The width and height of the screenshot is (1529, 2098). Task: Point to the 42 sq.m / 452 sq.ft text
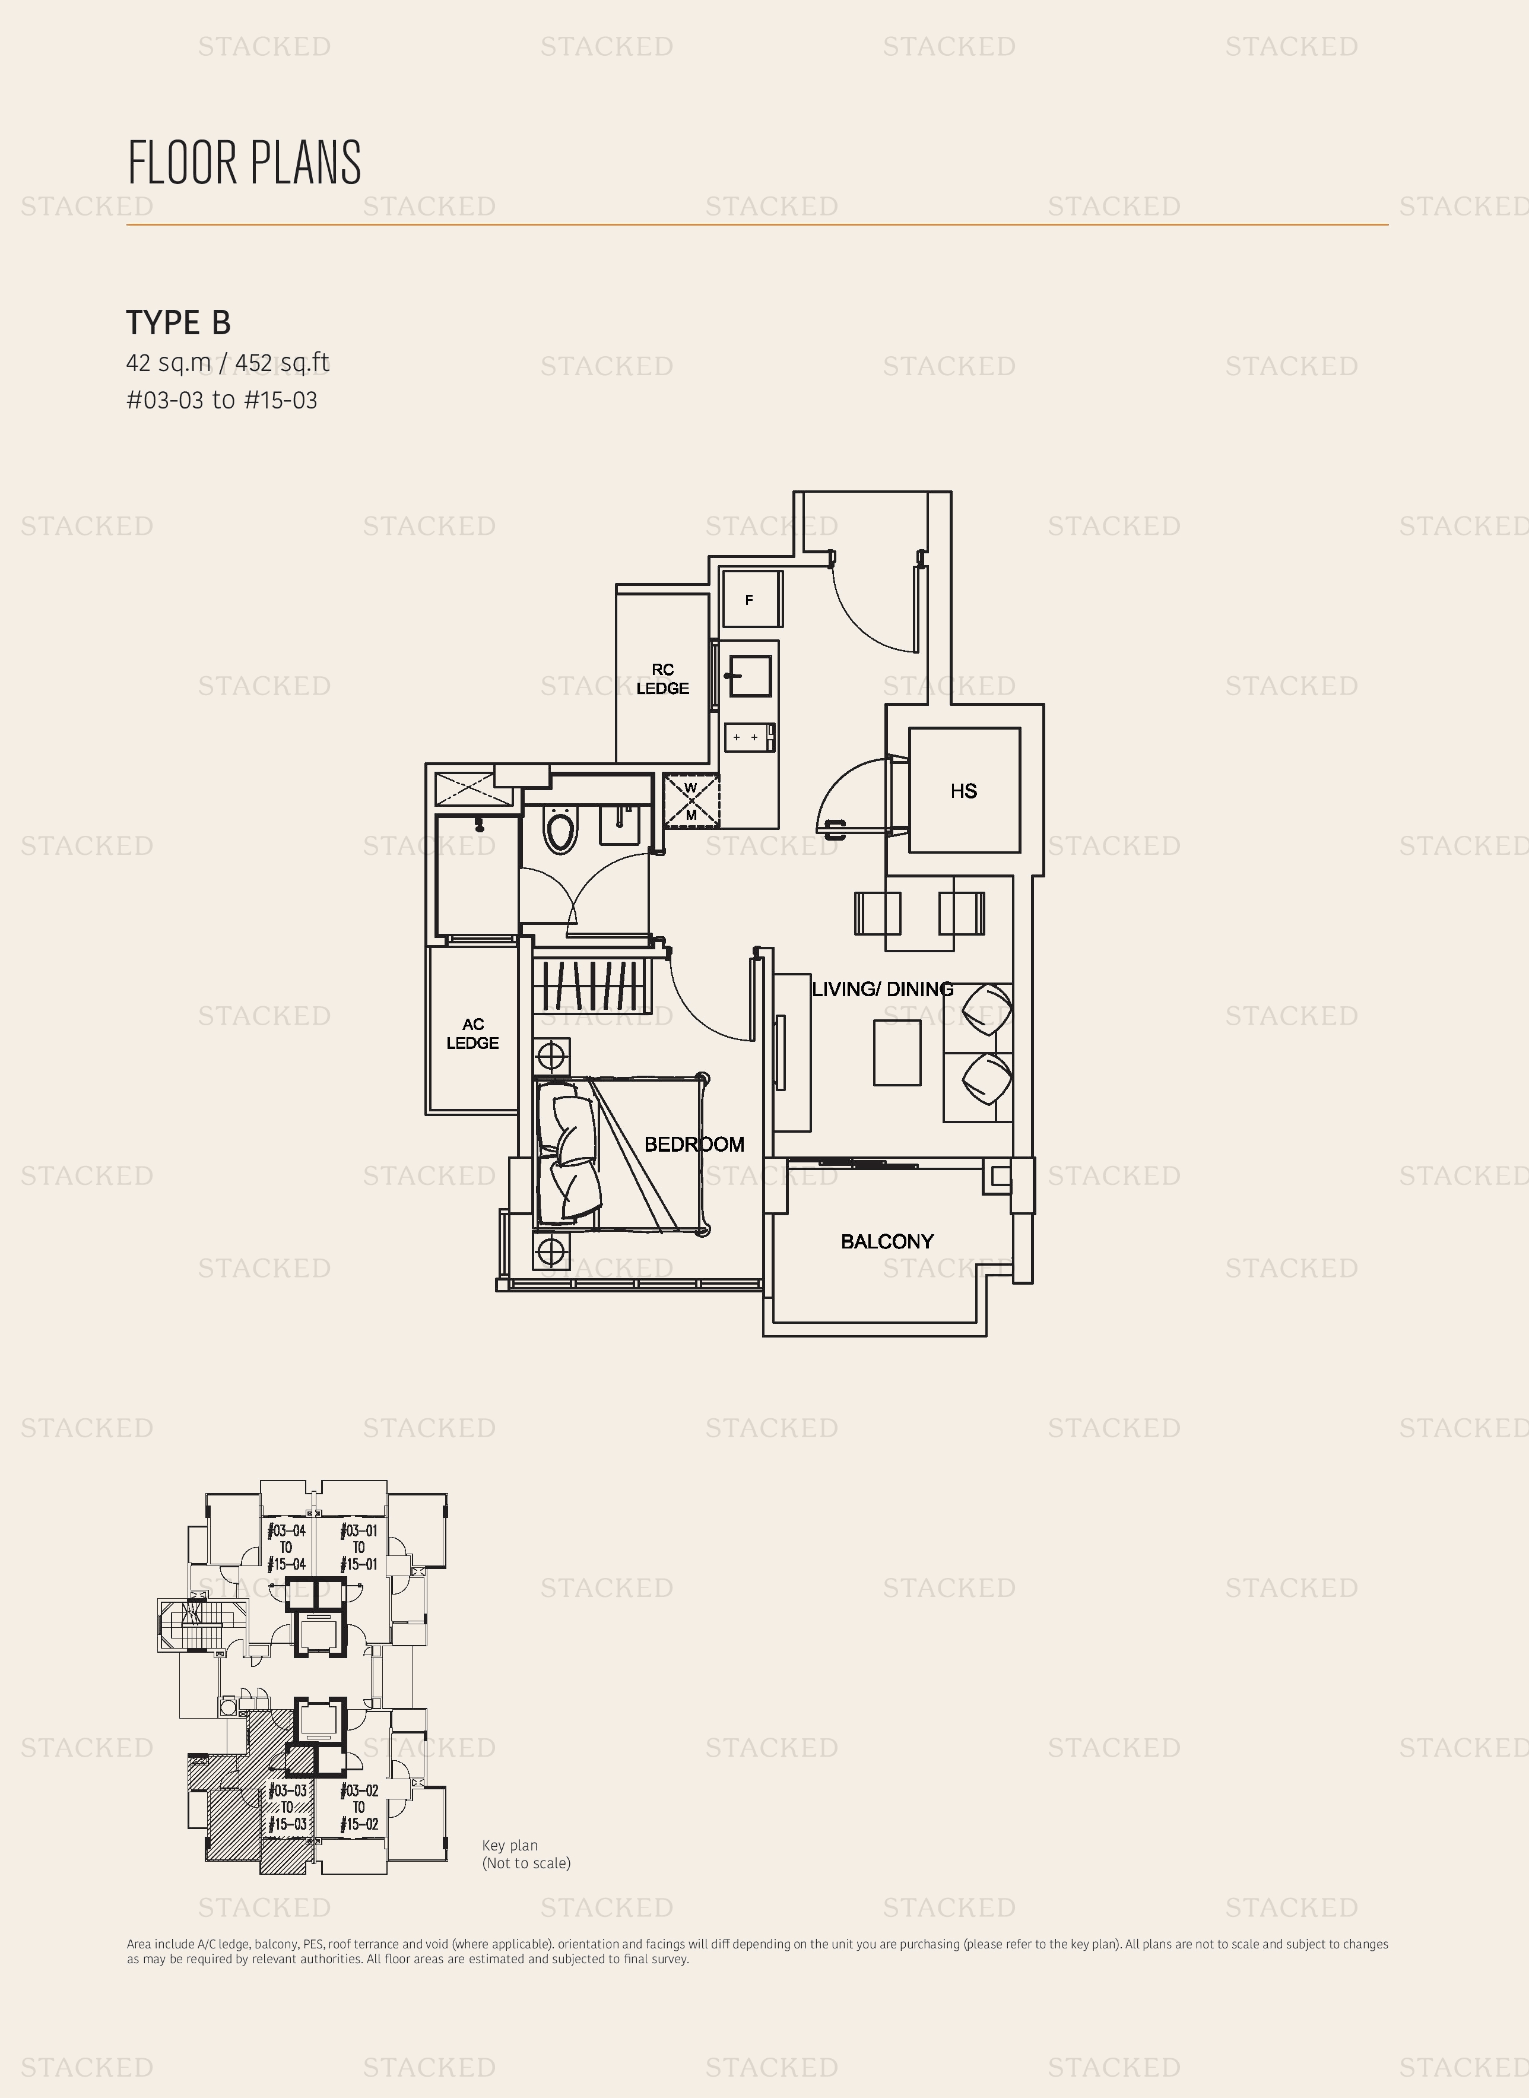pyautogui.click(x=228, y=363)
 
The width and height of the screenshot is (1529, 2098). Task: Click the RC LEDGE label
pyautogui.click(x=662, y=679)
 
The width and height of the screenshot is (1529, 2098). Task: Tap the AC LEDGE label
pyautogui.click(x=473, y=1034)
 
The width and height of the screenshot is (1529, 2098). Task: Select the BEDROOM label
pyautogui.click(x=694, y=1145)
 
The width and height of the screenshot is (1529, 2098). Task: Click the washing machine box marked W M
pyautogui.click(x=690, y=800)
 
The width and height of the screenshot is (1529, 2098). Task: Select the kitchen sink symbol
pyautogui.click(x=750, y=676)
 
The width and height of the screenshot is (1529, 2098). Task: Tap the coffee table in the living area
pyautogui.click(x=897, y=1052)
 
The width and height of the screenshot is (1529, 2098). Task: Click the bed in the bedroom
pyautogui.click(x=621, y=1154)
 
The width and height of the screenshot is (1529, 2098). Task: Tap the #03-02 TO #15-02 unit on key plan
pyautogui.click(x=359, y=1808)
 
